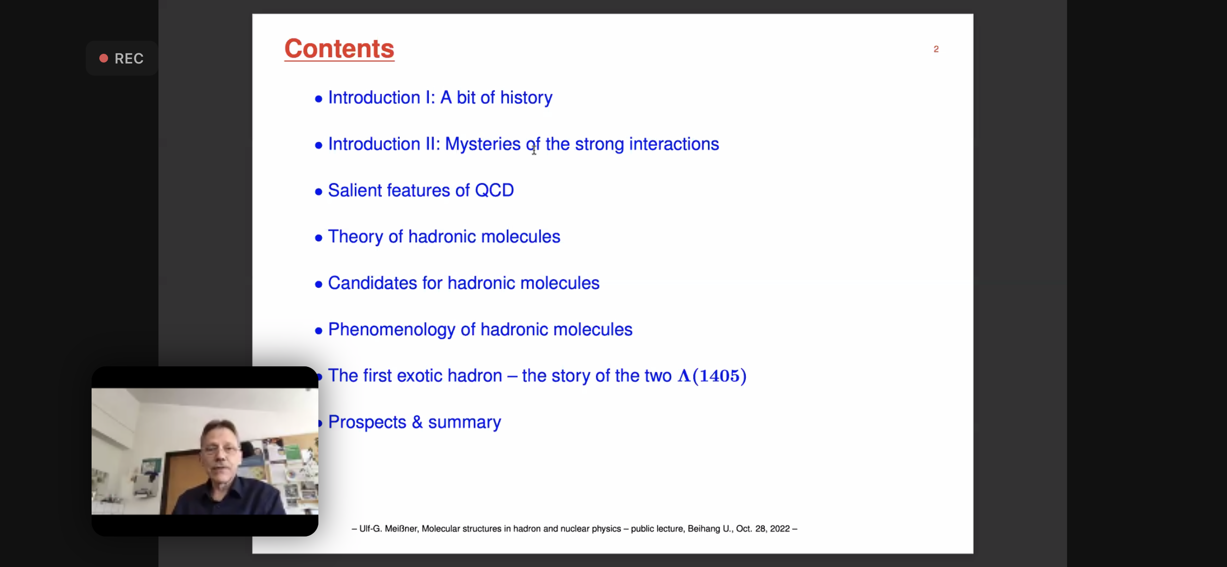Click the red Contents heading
[x=339, y=49]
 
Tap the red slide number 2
[x=936, y=49]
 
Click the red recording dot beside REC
[x=104, y=58]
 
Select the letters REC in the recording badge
[x=129, y=59]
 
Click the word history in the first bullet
[x=526, y=97]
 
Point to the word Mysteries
[x=483, y=144]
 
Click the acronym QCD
[x=494, y=190]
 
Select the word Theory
[x=356, y=237]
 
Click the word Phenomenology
[x=392, y=330]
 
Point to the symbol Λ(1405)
[x=712, y=376]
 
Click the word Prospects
[x=367, y=422]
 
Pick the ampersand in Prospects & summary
[x=417, y=422]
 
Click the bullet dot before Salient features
[x=318, y=192]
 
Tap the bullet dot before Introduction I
[x=318, y=99]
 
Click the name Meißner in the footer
[x=401, y=529]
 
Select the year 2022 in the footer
[x=780, y=529]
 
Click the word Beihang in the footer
[x=704, y=529]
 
